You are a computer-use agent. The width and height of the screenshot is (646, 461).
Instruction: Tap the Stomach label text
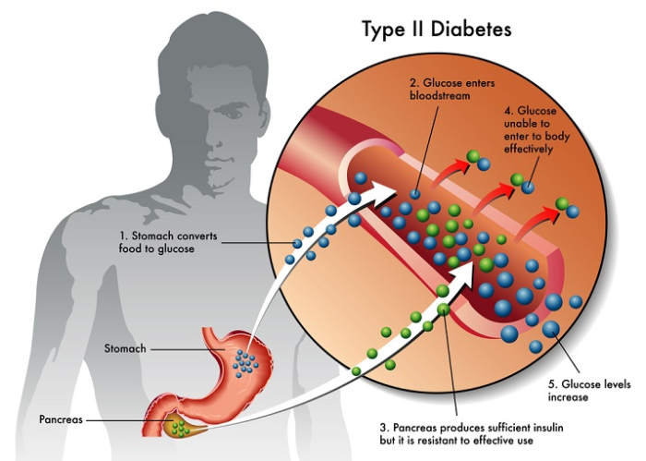124,348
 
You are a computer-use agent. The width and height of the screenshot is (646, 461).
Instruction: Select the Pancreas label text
61,419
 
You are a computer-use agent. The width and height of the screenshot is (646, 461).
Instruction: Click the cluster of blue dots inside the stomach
245,361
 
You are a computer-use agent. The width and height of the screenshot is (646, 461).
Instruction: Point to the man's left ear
277,111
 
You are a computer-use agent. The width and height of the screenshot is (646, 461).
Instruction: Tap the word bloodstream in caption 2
437,95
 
